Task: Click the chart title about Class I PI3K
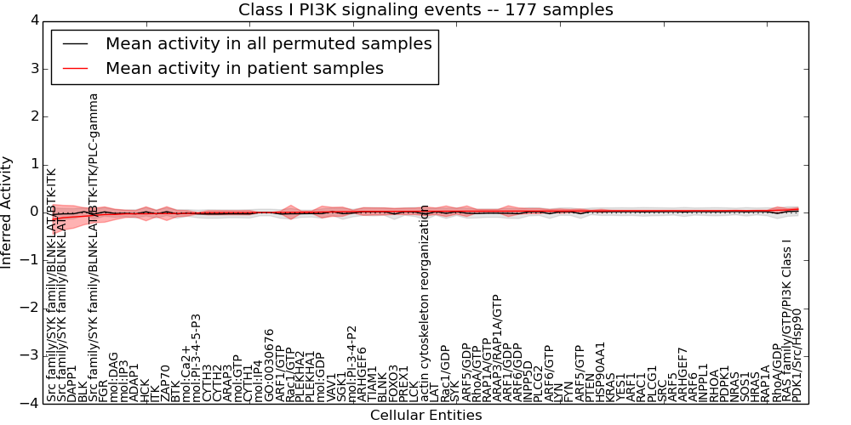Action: tap(425, 10)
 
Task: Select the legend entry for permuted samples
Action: tap(268, 44)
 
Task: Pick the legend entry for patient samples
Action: tap(244, 68)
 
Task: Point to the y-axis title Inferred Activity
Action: tap(8, 212)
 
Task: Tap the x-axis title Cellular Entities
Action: tap(425, 416)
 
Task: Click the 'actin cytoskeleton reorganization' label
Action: tap(425, 295)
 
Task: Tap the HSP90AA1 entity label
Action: tap(601, 371)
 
